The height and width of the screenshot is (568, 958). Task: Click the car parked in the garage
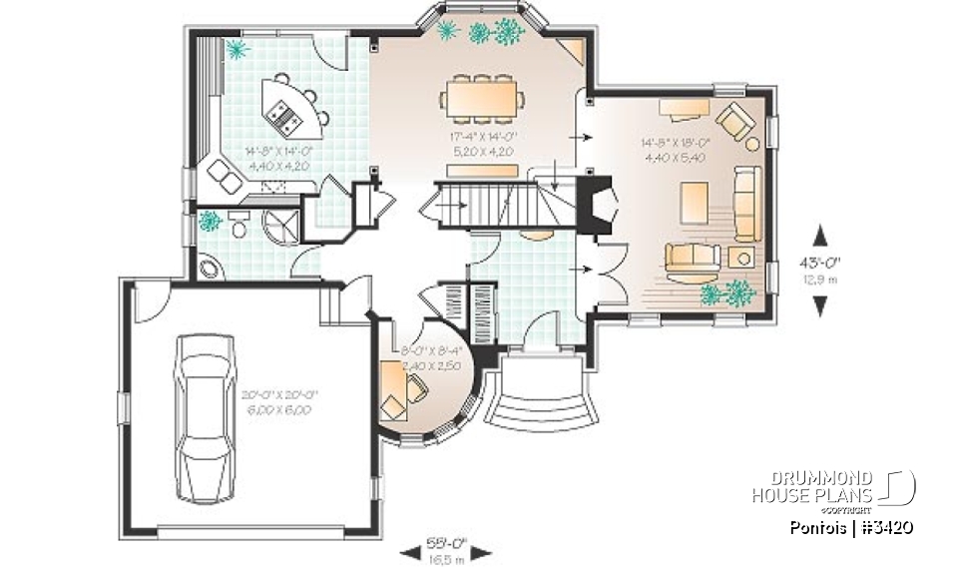click(x=205, y=417)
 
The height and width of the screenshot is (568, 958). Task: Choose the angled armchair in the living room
click(x=738, y=121)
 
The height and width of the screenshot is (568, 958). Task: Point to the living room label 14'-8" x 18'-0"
click(x=676, y=150)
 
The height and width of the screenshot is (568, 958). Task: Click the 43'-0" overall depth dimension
click(x=820, y=271)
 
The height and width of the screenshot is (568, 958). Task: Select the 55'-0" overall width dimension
click(x=448, y=549)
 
